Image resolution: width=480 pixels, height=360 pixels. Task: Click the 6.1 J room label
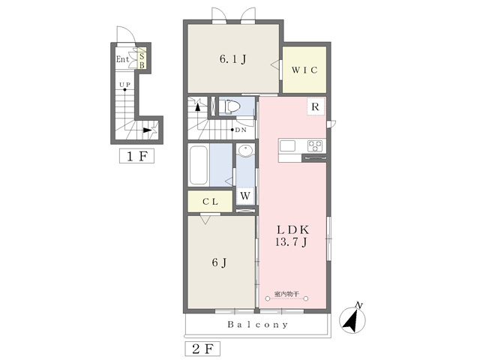(233, 59)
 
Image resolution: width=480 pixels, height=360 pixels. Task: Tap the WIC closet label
(304, 70)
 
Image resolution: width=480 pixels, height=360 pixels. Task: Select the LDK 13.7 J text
(292, 235)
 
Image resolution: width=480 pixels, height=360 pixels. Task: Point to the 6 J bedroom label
(220, 262)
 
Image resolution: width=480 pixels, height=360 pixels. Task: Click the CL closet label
(210, 202)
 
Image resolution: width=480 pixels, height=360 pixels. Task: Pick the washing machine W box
(245, 196)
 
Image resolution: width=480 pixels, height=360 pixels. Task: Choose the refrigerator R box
(315, 106)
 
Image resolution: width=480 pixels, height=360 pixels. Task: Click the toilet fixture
(229, 106)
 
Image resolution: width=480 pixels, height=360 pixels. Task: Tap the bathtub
(199, 165)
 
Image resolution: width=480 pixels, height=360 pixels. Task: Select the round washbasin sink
(245, 151)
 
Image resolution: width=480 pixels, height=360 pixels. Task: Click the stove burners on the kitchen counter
(315, 145)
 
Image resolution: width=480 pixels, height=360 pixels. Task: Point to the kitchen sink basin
(288, 146)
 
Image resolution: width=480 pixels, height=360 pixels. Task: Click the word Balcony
(258, 325)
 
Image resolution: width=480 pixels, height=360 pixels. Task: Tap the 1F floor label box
(136, 157)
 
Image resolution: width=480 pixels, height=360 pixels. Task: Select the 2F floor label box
(202, 349)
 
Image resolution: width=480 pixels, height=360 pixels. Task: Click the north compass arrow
(352, 320)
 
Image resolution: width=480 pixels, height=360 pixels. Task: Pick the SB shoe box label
(142, 61)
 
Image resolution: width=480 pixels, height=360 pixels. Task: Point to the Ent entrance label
(122, 59)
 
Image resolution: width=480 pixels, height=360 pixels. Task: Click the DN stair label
(241, 130)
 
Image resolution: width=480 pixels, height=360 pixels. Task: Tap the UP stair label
(125, 85)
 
